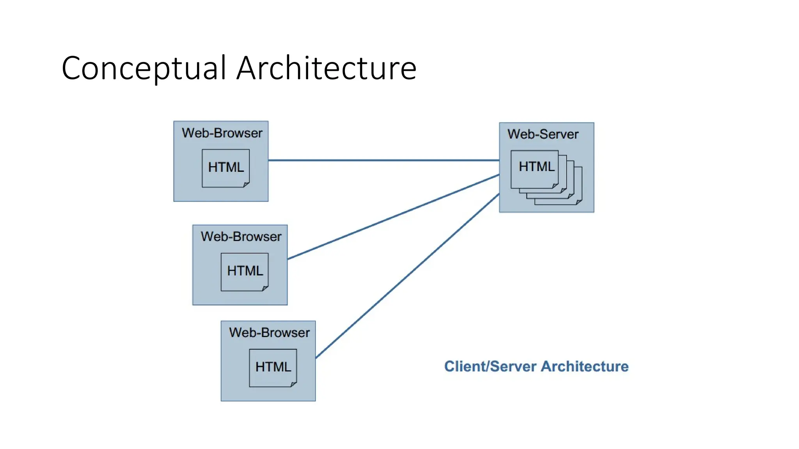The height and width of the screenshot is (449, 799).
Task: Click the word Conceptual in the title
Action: [144, 69]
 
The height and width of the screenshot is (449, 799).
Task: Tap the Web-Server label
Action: [543, 134]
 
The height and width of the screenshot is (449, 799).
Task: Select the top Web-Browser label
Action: [222, 133]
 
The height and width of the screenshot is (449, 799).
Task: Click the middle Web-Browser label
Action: [241, 237]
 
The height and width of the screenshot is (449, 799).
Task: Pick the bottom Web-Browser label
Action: [269, 332]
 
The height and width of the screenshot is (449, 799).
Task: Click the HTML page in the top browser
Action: [225, 168]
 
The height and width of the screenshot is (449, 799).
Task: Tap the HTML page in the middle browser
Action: [245, 271]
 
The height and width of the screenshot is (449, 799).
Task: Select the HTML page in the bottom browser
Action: [273, 367]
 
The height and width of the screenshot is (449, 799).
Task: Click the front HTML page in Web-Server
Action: [534, 169]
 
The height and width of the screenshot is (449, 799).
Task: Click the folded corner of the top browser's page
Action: [246, 184]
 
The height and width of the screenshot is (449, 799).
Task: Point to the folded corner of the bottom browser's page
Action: [294, 384]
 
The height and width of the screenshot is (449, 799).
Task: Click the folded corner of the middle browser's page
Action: [265, 288]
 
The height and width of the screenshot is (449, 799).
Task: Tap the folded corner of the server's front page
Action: [555, 186]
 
